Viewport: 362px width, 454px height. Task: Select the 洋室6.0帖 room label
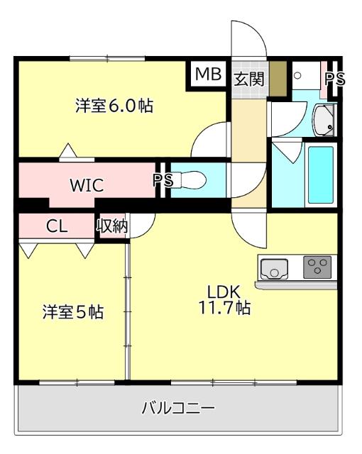pyautogui.click(x=115, y=106)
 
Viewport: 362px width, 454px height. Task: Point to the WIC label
pyautogui.click(x=87, y=186)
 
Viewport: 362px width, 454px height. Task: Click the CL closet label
pyautogui.click(x=57, y=227)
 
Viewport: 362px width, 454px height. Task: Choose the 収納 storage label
pyautogui.click(x=112, y=227)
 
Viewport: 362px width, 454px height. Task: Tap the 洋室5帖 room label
pyautogui.click(x=73, y=312)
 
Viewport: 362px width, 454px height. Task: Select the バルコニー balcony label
pyautogui.click(x=178, y=408)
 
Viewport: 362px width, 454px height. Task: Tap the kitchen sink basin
pyautogui.click(x=273, y=269)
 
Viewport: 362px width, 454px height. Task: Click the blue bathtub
pyautogui.click(x=319, y=176)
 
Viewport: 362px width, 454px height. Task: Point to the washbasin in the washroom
pyautogui.click(x=324, y=119)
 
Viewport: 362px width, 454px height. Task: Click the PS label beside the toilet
pyautogui.click(x=163, y=180)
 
